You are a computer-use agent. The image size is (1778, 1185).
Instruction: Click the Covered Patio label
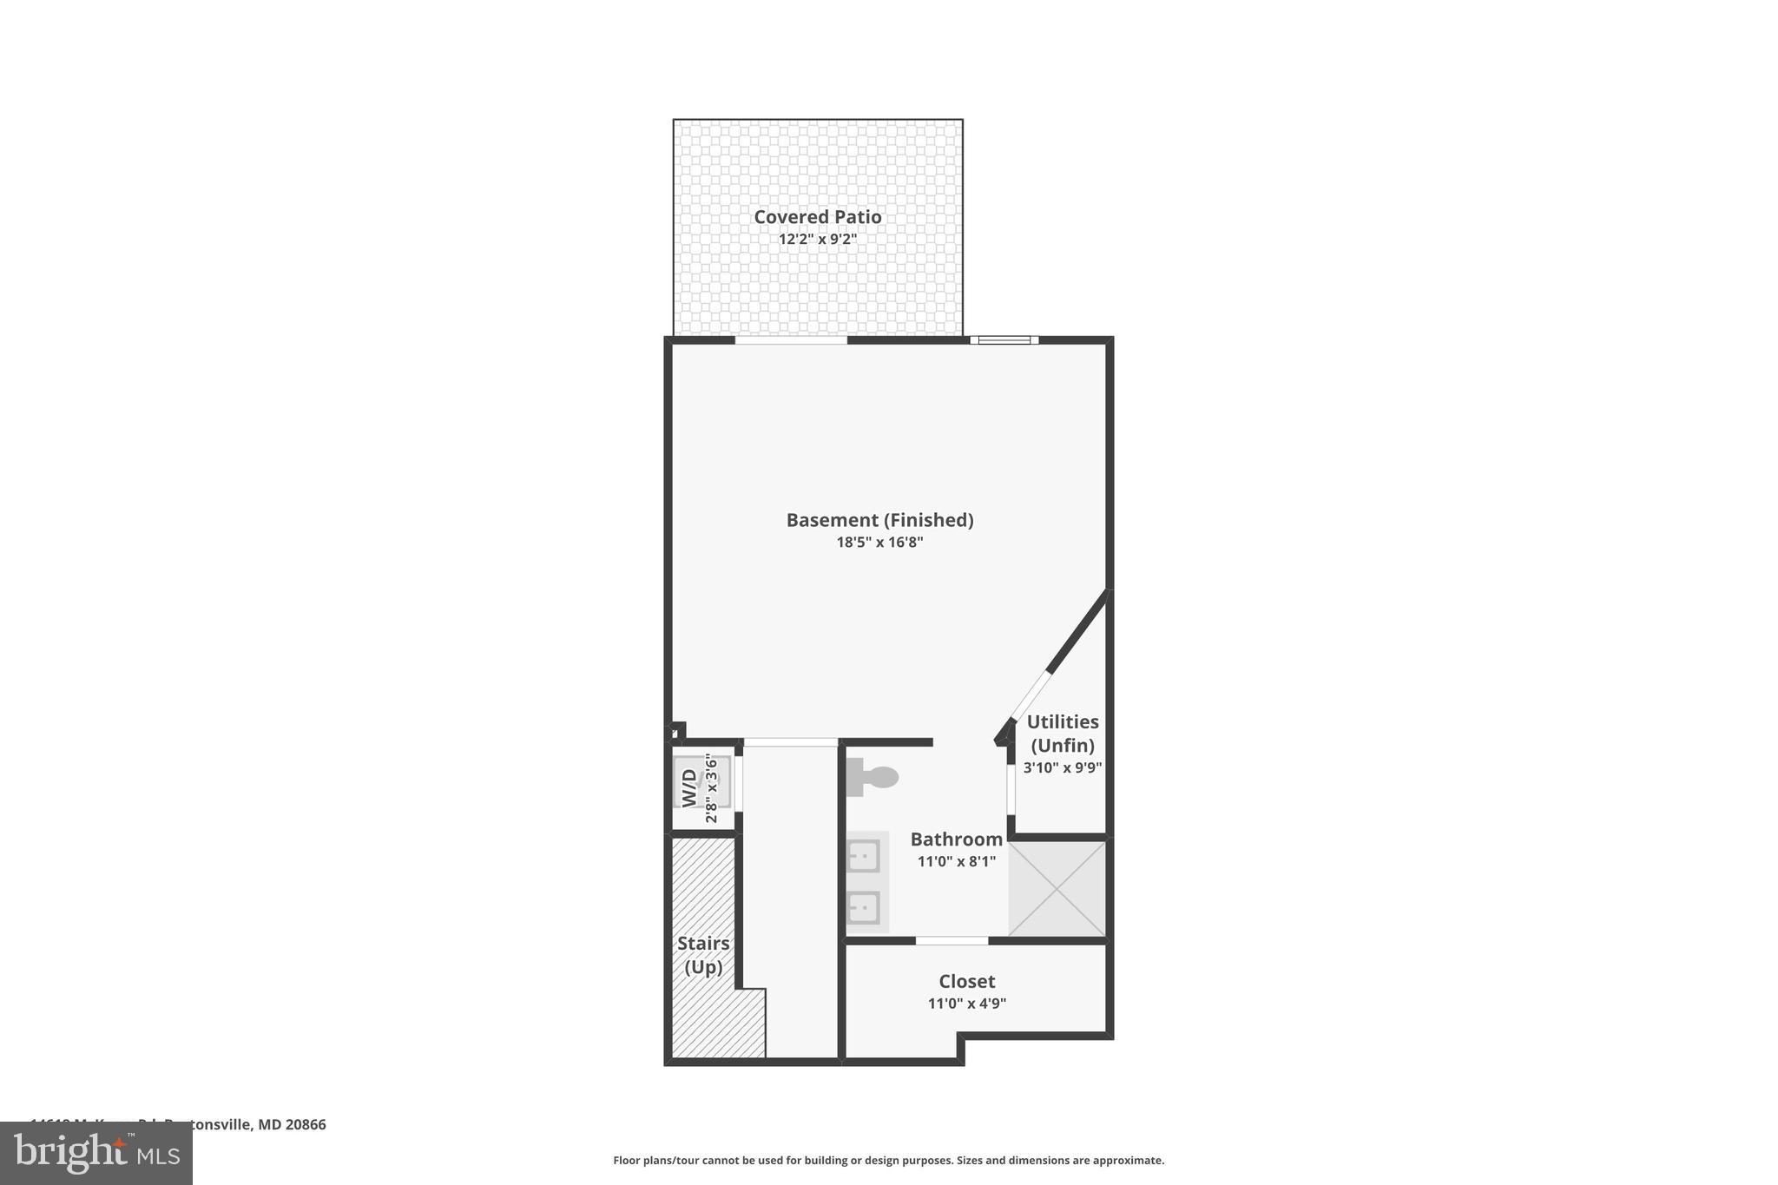point(817,217)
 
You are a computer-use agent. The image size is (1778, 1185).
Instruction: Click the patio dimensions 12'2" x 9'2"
point(817,239)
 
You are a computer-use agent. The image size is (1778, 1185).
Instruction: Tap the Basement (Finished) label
point(879,520)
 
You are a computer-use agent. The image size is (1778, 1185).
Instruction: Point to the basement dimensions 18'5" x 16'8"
point(879,543)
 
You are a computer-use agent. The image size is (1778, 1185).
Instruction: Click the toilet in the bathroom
point(873,777)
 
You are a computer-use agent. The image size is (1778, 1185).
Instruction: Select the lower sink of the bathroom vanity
point(864,908)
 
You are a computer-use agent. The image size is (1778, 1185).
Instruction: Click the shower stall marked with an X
point(1057,888)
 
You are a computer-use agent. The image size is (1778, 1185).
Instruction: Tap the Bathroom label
point(956,839)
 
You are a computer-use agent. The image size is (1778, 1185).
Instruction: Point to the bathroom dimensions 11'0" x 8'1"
point(956,861)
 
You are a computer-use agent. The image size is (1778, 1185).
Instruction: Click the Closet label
point(966,982)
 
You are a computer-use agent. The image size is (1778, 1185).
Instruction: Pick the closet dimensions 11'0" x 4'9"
point(966,1004)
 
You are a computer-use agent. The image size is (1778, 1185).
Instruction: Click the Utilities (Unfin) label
point(1063,734)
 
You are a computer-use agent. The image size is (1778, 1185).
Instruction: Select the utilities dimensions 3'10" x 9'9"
point(1063,767)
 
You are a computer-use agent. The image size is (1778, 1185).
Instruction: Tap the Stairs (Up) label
point(703,955)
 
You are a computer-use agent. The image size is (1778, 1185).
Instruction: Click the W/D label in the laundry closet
point(689,787)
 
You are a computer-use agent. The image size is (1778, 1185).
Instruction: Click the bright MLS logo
point(96,1153)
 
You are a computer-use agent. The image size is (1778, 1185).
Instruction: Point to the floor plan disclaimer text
point(888,1160)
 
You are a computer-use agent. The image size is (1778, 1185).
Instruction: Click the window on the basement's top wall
point(1004,340)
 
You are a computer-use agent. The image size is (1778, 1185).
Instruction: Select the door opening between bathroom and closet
point(952,940)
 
